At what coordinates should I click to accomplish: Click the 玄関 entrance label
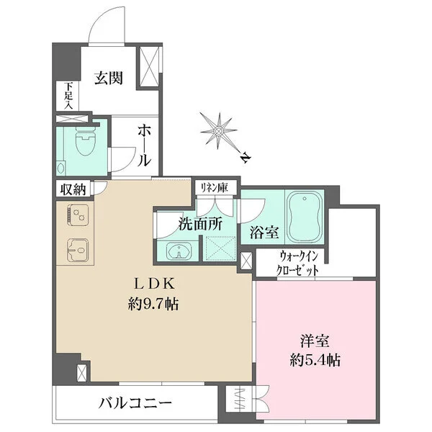(109, 78)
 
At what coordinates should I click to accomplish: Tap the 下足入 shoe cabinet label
(68, 96)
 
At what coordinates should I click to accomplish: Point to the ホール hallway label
(144, 145)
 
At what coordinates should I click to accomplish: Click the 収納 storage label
(73, 189)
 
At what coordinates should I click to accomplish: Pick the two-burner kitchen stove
(78, 215)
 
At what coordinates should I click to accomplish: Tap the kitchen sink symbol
(78, 250)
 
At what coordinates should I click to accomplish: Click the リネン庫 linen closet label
(214, 188)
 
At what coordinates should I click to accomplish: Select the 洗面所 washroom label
(200, 224)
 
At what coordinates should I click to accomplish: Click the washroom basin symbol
(179, 251)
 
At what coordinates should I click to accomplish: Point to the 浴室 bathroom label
(264, 233)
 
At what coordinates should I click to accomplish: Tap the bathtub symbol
(305, 217)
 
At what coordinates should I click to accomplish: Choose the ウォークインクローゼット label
(298, 263)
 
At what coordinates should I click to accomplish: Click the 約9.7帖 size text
(153, 304)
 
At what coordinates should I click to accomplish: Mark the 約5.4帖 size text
(315, 360)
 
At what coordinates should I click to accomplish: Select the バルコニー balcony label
(135, 403)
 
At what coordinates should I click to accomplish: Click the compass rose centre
(218, 130)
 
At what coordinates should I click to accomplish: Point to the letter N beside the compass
(245, 158)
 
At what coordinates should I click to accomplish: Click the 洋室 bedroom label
(315, 341)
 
